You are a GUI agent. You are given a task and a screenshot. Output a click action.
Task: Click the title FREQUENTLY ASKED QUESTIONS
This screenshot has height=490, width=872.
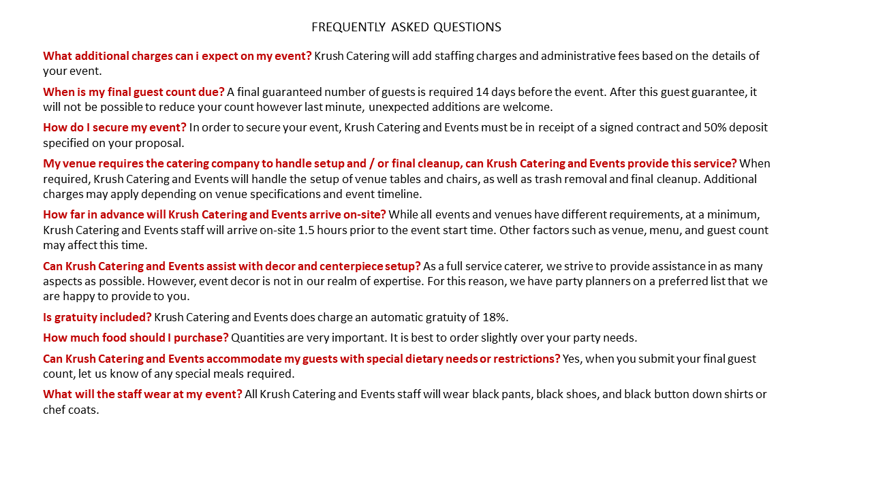(406, 27)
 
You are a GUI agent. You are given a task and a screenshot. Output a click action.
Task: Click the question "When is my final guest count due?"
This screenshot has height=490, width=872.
(134, 92)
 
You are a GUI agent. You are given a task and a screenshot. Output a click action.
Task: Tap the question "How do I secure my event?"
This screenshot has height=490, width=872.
(114, 127)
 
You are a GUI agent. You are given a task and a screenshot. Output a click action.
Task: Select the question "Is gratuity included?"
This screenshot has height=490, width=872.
(97, 317)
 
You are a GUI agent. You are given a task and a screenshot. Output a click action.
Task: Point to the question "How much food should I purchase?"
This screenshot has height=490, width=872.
(136, 338)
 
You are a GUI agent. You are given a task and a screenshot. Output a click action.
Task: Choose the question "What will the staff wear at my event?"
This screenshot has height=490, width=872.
(142, 394)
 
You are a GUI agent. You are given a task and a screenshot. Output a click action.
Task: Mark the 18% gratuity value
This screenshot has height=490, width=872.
(495, 317)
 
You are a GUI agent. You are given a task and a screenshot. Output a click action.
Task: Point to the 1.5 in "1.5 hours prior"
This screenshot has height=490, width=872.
(307, 230)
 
